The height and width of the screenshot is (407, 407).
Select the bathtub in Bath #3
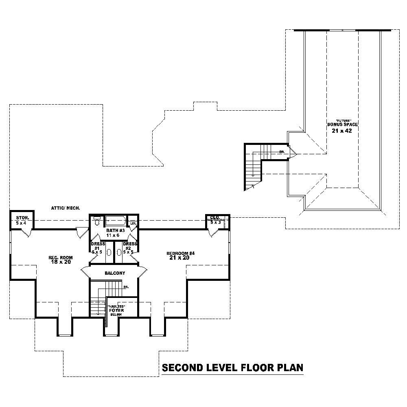[x=115, y=221]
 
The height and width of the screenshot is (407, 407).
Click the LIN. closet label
[x=133, y=224]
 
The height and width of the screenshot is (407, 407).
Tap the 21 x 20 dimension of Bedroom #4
[x=181, y=258]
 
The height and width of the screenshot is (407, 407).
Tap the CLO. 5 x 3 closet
[x=215, y=220]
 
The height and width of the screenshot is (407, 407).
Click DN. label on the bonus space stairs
[x=282, y=152]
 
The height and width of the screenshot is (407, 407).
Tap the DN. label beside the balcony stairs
[x=126, y=287]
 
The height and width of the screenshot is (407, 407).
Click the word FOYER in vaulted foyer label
[x=117, y=311]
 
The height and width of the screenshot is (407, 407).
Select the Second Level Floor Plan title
[x=232, y=368]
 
